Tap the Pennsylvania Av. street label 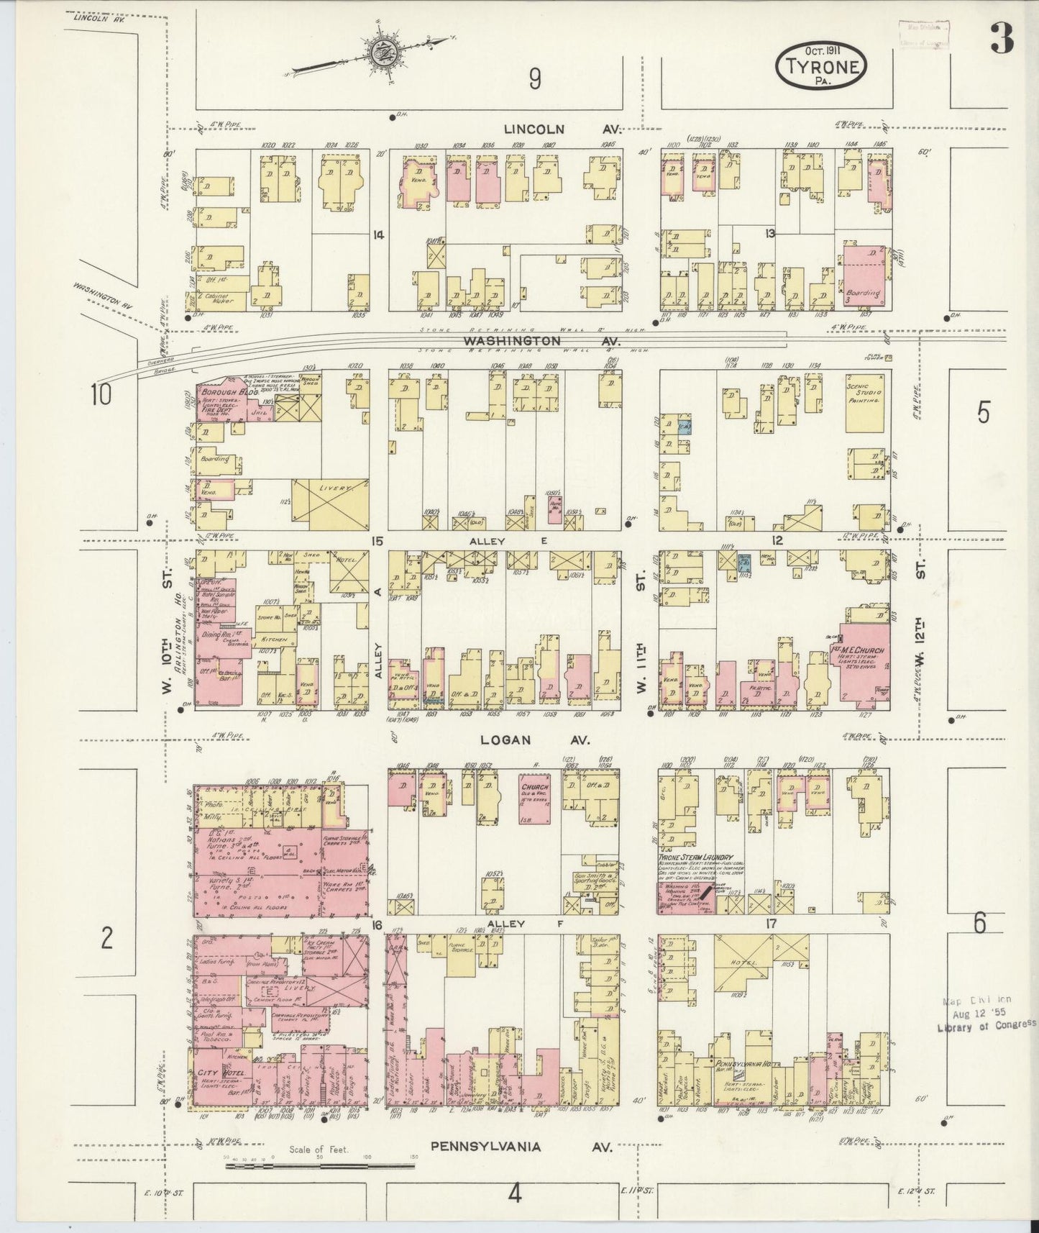coord(521,1146)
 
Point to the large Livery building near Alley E coord(332,506)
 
